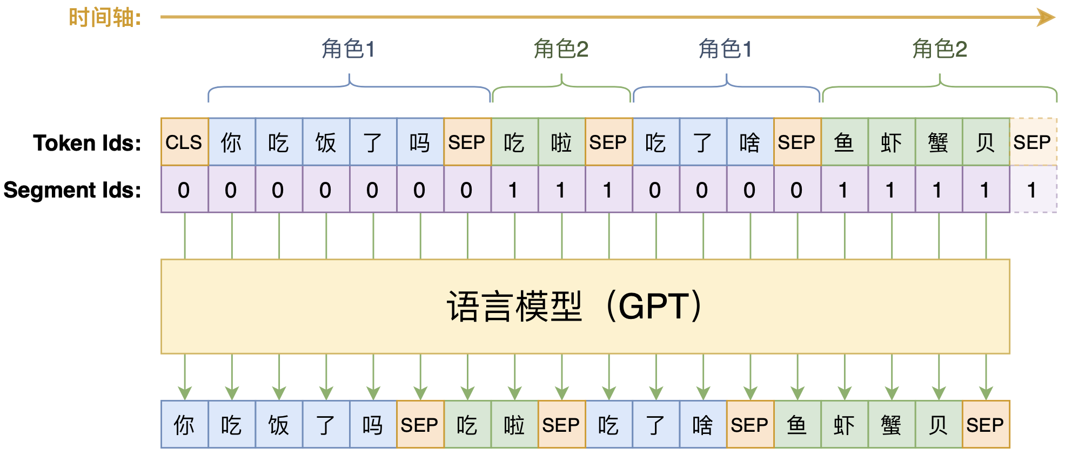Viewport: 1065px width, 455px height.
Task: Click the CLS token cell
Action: (184, 142)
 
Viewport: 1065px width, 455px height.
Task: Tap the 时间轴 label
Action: (105, 18)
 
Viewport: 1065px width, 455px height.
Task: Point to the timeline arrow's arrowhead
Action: (1046, 17)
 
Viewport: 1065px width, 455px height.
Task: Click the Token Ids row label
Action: (87, 143)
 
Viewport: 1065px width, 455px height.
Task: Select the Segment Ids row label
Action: (72, 190)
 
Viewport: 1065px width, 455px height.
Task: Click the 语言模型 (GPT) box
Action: (585, 307)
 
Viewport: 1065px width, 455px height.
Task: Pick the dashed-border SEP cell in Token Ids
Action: (1033, 142)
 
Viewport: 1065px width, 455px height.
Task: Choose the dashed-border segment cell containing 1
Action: (1033, 189)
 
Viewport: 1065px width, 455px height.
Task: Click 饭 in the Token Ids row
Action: (326, 142)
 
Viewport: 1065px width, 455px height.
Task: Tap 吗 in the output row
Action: (373, 425)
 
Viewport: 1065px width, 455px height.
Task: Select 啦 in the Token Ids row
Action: (561, 142)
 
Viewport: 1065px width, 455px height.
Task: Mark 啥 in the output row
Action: (702, 425)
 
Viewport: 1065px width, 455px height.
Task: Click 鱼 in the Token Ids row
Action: (844, 142)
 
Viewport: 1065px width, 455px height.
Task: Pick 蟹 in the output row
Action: (891, 425)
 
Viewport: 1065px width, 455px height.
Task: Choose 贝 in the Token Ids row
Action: (986, 142)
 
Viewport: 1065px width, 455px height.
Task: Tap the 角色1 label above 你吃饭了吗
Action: (349, 49)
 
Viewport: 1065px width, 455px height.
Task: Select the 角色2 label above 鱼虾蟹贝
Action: (939, 49)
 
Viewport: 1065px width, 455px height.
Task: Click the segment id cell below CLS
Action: (184, 189)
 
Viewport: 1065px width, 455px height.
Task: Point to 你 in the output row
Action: (184, 425)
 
